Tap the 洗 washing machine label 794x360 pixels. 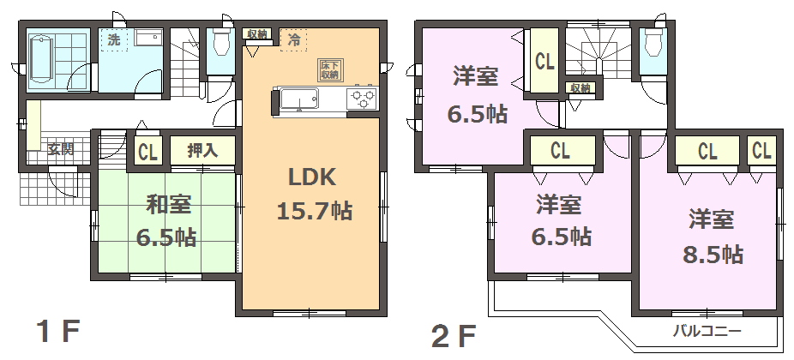pos(114,40)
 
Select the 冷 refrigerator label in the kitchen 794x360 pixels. pos(294,40)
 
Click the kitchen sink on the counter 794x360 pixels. pos(299,99)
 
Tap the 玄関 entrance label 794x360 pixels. pos(61,149)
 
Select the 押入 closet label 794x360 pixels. pos(202,151)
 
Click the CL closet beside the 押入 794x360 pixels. pos(147,152)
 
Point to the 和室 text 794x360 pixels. pos(169,205)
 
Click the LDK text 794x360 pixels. pos(312,177)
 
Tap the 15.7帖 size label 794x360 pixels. pos(315,210)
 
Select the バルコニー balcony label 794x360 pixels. pos(707,333)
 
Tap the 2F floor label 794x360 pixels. pos(454,336)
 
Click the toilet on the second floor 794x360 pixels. pos(653,40)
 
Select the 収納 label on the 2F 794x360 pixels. pos(580,88)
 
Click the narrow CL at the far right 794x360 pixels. pos(761,150)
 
